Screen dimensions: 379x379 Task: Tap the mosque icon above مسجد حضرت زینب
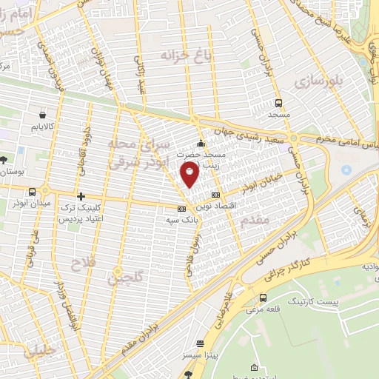(200, 143)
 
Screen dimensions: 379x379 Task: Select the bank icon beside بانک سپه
(181, 208)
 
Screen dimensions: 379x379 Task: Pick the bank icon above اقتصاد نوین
(215, 194)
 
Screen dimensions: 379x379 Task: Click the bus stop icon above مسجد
(278, 104)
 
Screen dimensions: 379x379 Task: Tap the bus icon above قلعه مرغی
(263, 298)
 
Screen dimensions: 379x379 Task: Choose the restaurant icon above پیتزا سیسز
(201, 344)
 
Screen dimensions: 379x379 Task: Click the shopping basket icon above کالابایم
(42, 115)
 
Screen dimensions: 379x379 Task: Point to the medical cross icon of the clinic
(81, 196)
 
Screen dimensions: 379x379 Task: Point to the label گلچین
(122, 278)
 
